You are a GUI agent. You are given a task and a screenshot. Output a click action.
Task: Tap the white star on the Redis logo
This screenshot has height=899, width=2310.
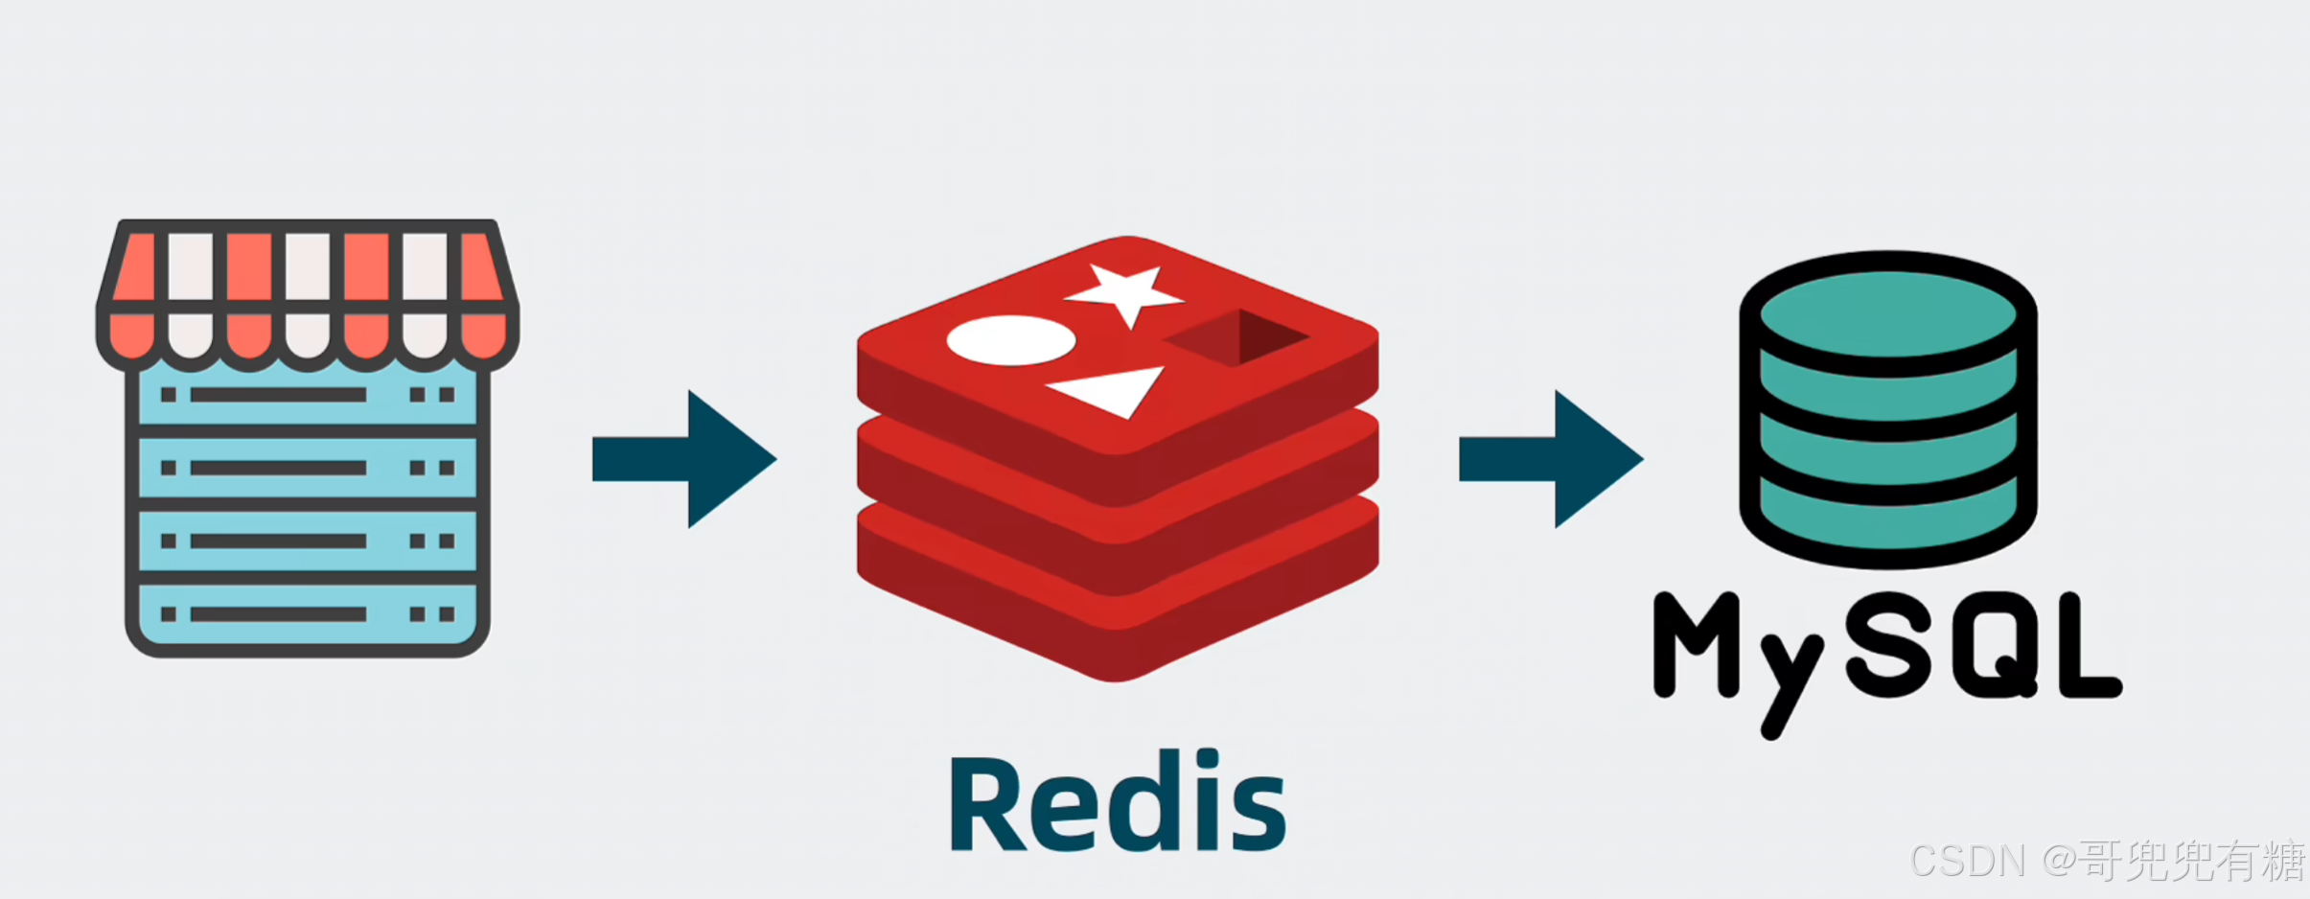1126,291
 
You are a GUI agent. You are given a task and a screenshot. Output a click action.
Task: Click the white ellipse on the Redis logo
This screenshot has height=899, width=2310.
1010,340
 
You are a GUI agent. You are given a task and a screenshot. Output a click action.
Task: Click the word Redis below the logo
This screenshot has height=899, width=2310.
1118,803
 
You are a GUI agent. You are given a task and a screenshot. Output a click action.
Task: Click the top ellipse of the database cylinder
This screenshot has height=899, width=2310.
1887,312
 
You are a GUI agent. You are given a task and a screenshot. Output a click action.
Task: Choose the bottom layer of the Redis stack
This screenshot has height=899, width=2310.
1118,613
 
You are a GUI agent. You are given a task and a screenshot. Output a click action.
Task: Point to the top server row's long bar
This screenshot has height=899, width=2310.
278,395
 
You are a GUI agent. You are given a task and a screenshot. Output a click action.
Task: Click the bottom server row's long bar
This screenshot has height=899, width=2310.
278,614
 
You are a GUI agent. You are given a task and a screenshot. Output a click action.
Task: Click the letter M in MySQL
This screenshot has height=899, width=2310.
1695,644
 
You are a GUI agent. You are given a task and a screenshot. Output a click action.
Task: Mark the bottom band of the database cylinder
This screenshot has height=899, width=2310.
1887,518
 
